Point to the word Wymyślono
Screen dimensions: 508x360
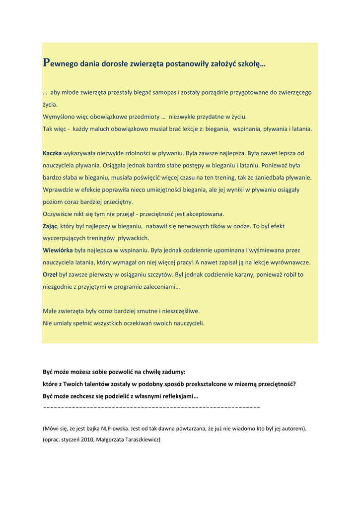coord(58,117)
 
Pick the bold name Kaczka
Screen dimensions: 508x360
coord(52,153)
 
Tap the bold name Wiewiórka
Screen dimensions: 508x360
coord(58,251)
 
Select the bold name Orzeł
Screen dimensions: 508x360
coord(50,275)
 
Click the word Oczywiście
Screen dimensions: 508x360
coord(58,214)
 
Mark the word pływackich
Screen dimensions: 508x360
coord(133,238)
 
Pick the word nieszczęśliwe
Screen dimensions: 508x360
coord(179,311)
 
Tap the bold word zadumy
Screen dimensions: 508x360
coord(174,372)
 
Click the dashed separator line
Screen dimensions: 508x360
coord(151,407)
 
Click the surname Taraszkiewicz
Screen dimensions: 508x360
coord(139,440)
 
